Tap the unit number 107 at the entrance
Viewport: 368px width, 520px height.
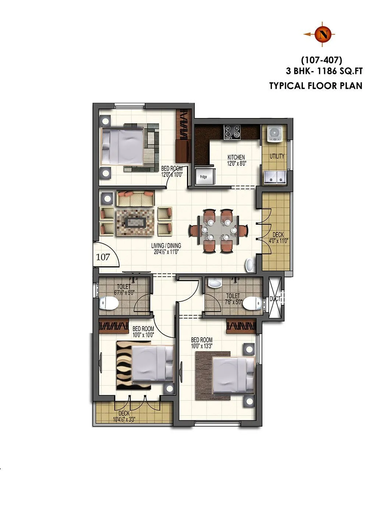[x=103, y=257]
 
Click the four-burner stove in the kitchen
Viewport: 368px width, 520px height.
[x=232, y=132]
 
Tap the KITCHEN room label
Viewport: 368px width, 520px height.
[x=236, y=157]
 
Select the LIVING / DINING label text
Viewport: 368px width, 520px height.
[x=166, y=246]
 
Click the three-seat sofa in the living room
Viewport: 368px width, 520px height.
[x=135, y=199]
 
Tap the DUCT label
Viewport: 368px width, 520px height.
[x=275, y=299]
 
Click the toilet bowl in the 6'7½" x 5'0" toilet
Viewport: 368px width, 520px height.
[x=109, y=303]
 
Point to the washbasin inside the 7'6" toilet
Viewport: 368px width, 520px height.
[x=213, y=283]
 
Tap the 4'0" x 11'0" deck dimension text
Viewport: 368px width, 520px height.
[x=278, y=241]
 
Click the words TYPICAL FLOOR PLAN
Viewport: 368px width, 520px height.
[x=316, y=86]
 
